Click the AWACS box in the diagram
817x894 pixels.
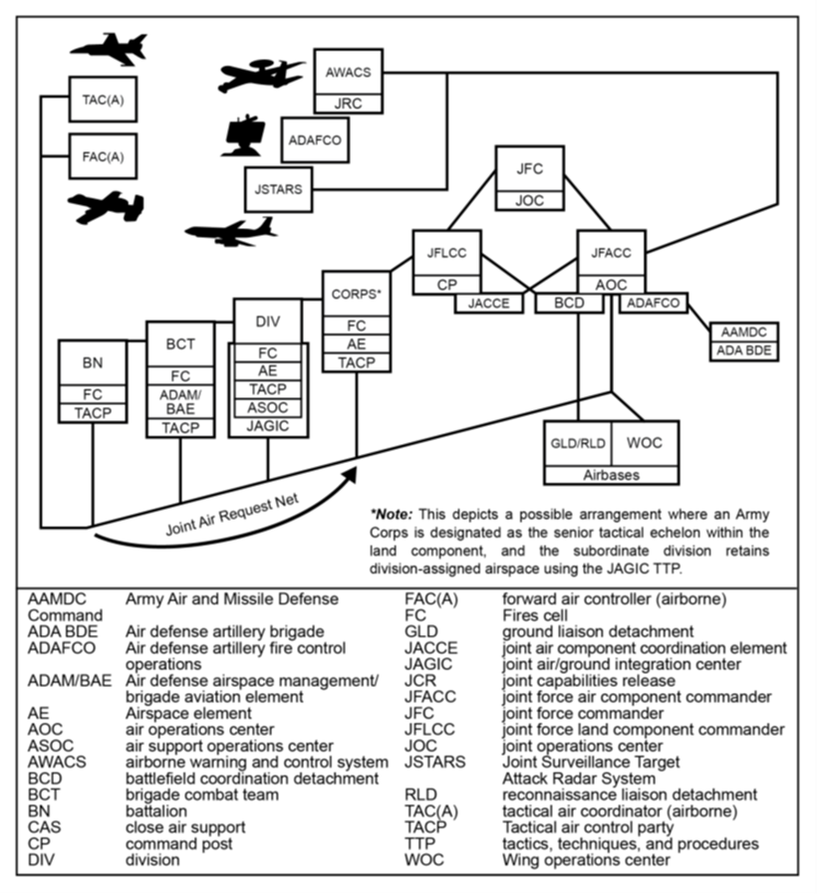click(x=348, y=72)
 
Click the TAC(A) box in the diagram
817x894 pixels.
click(x=103, y=99)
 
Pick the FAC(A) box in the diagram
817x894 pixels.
click(x=103, y=155)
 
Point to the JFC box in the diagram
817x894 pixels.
click(x=530, y=169)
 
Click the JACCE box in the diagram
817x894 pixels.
click(x=489, y=304)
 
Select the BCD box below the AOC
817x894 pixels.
click(x=569, y=304)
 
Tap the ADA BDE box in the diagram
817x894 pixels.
click(x=743, y=350)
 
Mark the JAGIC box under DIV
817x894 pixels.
click(x=268, y=425)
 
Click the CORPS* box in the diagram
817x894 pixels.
click(x=356, y=295)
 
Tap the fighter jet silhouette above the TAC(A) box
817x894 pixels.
click(x=109, y=49)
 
